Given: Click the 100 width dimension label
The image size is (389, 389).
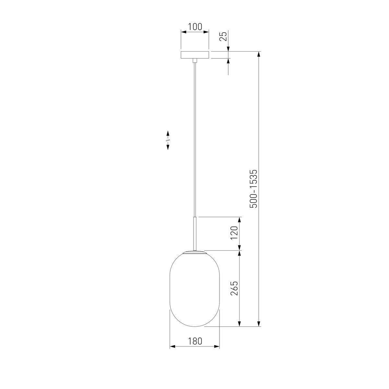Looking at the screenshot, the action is coord(195,27).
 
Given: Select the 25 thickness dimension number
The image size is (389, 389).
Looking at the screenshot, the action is coord(223,37).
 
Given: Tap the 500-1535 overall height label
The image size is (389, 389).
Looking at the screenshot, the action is coord(253,189).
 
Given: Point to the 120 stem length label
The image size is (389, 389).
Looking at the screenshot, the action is coord(234,233).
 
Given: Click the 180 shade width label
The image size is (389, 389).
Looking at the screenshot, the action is coord(195,341).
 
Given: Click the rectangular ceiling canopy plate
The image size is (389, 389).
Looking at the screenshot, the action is coord(195,55).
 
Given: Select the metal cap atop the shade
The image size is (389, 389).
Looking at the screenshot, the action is coord(195,252).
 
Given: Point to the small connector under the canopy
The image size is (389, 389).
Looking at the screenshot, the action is coord(195,60).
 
